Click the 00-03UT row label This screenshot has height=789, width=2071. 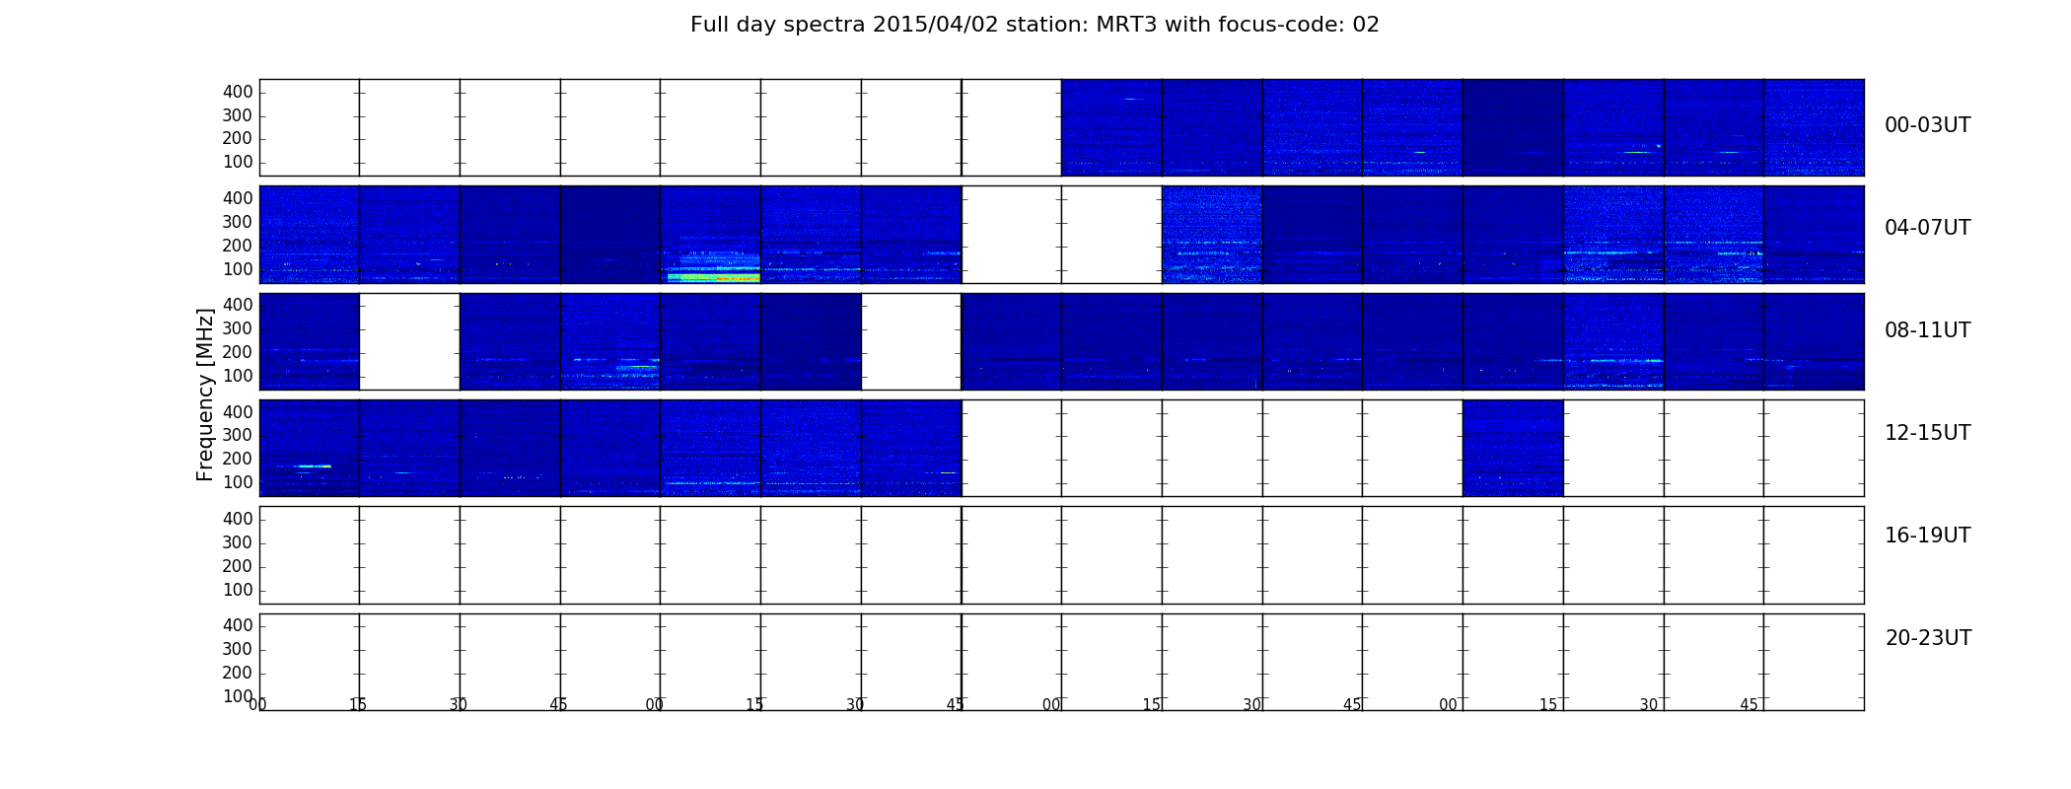pos(1927,125)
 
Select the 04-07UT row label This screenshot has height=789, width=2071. pos(1927,228)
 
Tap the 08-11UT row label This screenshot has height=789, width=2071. pos(1927,330)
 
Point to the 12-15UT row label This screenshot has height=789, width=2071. pos(1927,433)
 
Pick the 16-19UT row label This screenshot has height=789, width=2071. pos(1927,536)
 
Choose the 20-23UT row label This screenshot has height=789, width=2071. pos(1928,638)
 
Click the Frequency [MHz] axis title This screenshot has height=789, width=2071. pos(205,394)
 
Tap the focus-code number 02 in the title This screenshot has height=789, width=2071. pos(1366,25)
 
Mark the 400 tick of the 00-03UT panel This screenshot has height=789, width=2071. pos(238,92)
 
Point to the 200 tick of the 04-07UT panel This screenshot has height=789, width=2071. pos(238,246)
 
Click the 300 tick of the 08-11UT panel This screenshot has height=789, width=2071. pos(238,328)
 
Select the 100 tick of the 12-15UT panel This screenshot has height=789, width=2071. pos(238,482)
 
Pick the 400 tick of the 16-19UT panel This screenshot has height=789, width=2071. pos(238,519)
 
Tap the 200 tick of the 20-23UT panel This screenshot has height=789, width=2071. pos(238,673)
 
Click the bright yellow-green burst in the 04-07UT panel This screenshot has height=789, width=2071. pos(714,277)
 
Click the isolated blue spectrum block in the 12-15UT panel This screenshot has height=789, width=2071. pos(1513,448)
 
